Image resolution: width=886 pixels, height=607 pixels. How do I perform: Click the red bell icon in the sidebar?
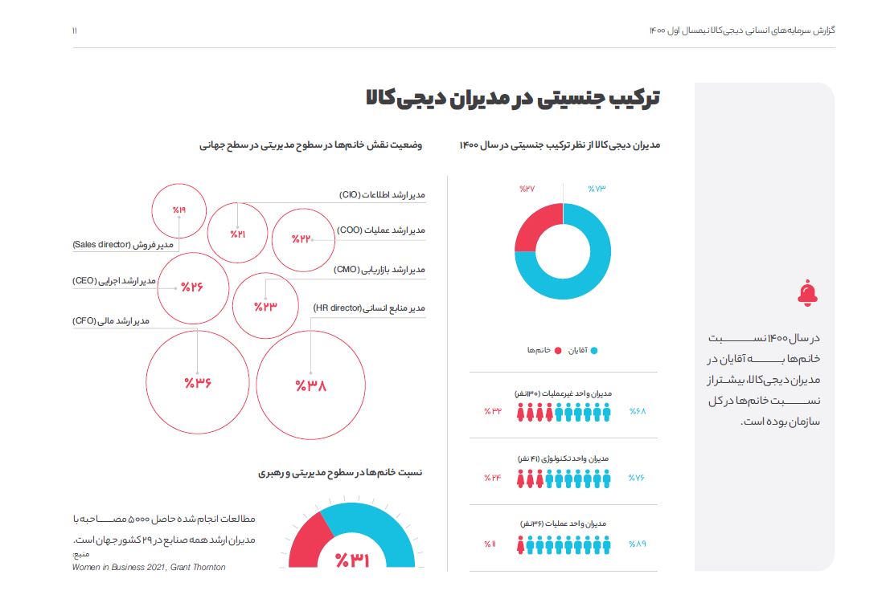(807, 294)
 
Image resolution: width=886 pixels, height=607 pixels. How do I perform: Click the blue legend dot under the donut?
(594, 351)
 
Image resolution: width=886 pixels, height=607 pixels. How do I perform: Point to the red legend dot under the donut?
(555, 351)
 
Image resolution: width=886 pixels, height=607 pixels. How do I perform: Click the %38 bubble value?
(310, 386)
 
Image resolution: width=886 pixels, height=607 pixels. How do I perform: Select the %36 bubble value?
(197, 382)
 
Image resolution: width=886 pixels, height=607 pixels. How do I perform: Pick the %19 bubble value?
(178, 210)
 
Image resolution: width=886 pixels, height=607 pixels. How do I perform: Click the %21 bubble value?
(238, 234)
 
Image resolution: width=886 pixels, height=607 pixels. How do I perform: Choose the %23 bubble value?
(265, 306)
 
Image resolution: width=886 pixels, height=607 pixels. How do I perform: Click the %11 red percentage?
(490, 544)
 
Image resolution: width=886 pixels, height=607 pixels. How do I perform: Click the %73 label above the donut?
(596, 189)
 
